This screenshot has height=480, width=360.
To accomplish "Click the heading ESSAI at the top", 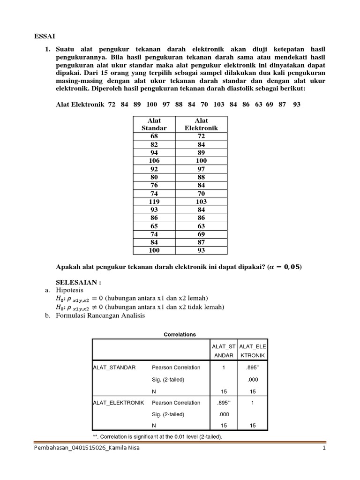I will pyautogui.click(x=45, y=36).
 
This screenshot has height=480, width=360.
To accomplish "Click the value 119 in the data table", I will pyautogui.click(x=154, y=201).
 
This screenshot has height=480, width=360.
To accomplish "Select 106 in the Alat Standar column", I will pyautogui.click(x=154, y=160).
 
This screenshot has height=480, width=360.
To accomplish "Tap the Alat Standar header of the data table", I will pyautogui.click(x=154, y=124).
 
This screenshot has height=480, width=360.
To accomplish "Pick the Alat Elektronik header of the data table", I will pyautogui.click(x=201, y=124).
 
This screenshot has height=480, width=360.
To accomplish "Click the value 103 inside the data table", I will pyautogui.click(x=201, y=201).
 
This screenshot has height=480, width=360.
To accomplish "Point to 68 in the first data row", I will pyautogui.click(x=154, y=136).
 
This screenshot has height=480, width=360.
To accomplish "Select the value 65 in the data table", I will pyautogui.click(x=154, y=225).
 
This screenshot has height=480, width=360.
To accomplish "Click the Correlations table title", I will pyautogui.click(x=180, y=334).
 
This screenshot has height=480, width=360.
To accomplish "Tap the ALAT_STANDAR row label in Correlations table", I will pyautogui.click(x=114, y=367).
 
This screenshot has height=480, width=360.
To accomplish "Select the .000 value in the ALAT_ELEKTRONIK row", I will pyautogui.click(x=223, y=414).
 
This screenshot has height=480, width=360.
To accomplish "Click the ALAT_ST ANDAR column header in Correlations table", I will pyautogui.click(x=223, y=351).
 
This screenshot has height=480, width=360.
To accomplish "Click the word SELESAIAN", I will pyautogui.click(x=77, y=283).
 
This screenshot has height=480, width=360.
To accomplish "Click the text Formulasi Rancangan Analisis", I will pyautogui.click(x=101, y=315).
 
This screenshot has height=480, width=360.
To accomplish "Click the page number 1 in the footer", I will pyautogui.click(x=323, y=448).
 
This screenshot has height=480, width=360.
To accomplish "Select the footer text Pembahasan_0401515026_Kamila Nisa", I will pyautogui.click(x=87, y=448).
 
